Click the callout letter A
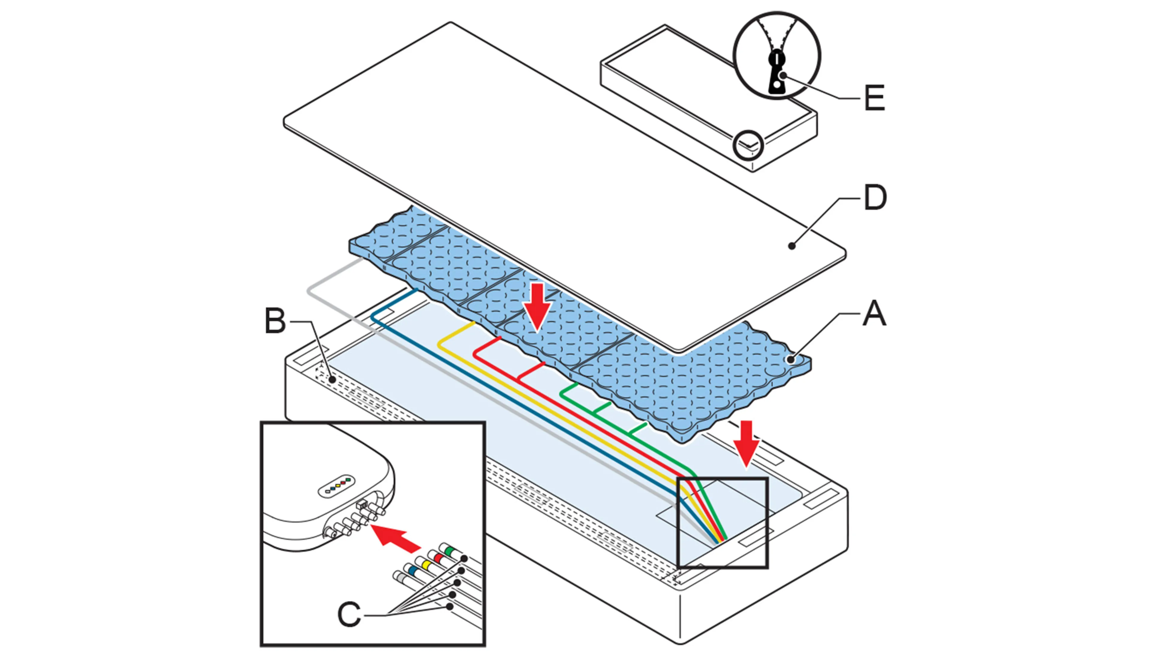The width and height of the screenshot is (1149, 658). pos(874,314)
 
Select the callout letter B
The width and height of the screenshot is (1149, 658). pos(275,321)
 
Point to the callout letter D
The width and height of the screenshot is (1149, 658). pos(875,198)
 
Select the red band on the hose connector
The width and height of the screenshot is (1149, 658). pos(437,558)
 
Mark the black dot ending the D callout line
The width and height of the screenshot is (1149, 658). pos(791,246)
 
